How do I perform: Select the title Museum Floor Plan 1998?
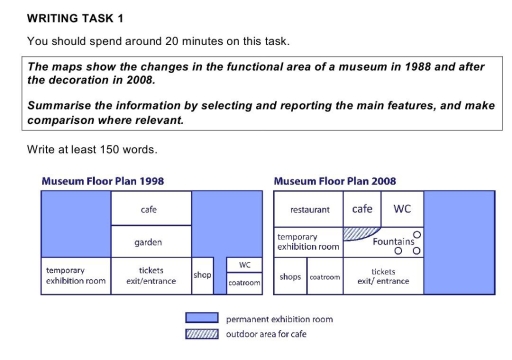coord(103,182)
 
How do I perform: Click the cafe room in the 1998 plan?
coord(150,210)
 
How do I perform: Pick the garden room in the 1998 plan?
coord(150,242)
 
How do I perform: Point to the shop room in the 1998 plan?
coord(200,274)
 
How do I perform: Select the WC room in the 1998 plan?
coord(244,265)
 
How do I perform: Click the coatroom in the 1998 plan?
coord(244,284)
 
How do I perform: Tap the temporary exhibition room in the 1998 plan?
coord(75,275)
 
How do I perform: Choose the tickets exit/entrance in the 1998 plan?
coord(150,275)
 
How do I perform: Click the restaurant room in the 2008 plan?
coord(309,211)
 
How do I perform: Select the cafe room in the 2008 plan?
coord(362,210)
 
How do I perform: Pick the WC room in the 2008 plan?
coord(402,210)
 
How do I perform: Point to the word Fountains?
coord(393,242)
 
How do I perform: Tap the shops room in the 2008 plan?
coord(290,276)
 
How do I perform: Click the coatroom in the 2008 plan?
coord(325,276)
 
